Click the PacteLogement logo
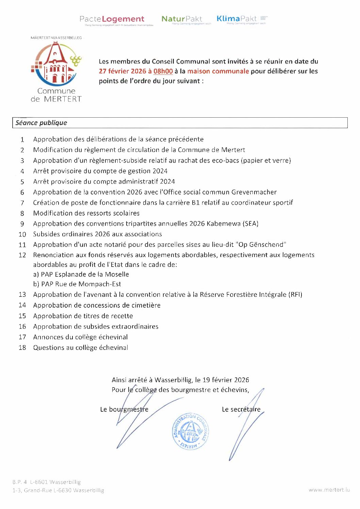pyautogui.click(x=112, y=19)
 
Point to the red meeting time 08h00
pyautogui.click(x=163, y=71)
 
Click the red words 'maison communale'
pyautogui.click(x=218, y=71)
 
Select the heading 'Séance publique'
pyautogui.click(x=41, y=123)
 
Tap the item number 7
pyautogui.click(x=22, y=203)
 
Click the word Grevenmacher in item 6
pyautogui.click(x=254, y=192)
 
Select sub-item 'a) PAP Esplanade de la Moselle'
pyautogui.click(x=81, y=274)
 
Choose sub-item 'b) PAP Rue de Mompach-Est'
pyautogui.click(x=77, y=284)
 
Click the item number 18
pyautogui.click(x=22, y=347)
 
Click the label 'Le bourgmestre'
pyautogui.click(x=124, y=409)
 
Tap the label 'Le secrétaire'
pyautogui.click(x=241, y=409)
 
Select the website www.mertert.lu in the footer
pyautogui.click(x=329, y=490)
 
